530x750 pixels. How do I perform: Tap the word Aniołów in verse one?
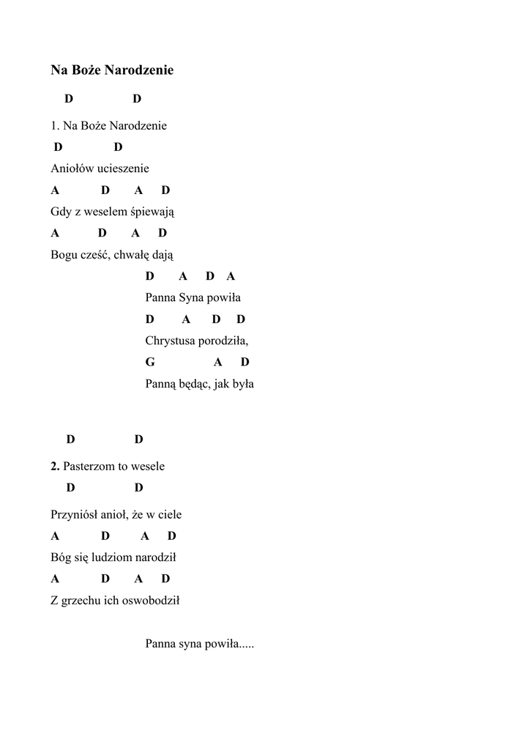tap(68, 168)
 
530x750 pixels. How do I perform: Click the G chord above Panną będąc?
tap(150, 362)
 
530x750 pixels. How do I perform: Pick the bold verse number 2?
tap(55, 466)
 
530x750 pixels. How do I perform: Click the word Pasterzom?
tap(87, 466)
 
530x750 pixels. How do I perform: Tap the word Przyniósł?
tap(73, 514)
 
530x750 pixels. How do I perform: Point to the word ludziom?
tap(111, 557)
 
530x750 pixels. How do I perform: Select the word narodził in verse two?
tap(155, 557)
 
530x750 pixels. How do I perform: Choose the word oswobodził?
tap(151, 601)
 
